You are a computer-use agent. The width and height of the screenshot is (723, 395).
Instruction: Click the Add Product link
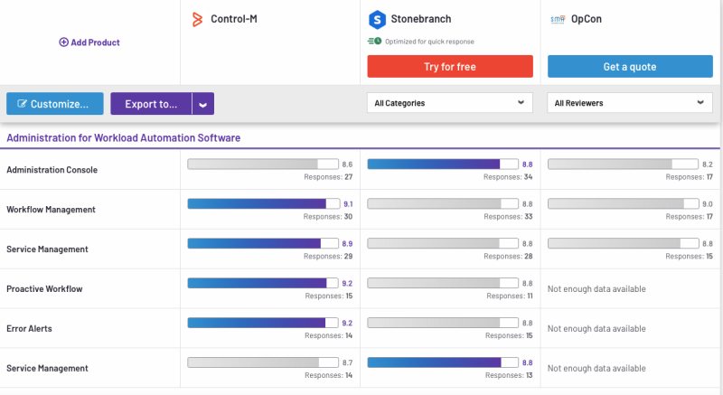pos(89,42)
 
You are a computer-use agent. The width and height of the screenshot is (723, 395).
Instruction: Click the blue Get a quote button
pos(629,67)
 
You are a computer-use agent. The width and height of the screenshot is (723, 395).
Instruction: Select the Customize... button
pos(55,104)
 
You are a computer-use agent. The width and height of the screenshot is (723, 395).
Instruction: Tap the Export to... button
pos(151,104)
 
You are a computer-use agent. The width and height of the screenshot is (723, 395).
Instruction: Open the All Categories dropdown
pos(448,103)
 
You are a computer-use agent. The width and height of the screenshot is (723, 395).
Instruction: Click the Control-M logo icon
pos(197,18)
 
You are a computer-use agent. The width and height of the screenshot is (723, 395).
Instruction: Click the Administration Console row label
pos(52,170)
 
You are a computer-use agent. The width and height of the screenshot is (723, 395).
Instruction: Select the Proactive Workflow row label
pos(44,289)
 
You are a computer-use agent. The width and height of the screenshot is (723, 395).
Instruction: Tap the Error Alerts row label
pos(29,329)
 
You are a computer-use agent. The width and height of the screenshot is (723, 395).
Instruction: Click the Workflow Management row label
pos(51,210)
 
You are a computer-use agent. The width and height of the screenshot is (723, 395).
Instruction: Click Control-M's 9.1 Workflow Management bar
pos(257,204)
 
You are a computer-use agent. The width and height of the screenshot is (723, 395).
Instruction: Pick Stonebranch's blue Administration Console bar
pos(434,165)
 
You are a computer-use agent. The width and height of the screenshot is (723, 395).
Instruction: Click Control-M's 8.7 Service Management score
pos(347,363)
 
